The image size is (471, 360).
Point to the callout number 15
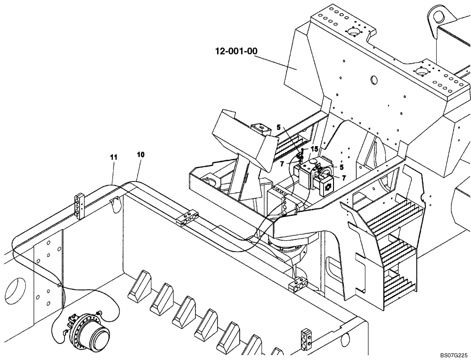point(314,149)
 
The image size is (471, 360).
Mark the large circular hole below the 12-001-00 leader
point(375,80)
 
